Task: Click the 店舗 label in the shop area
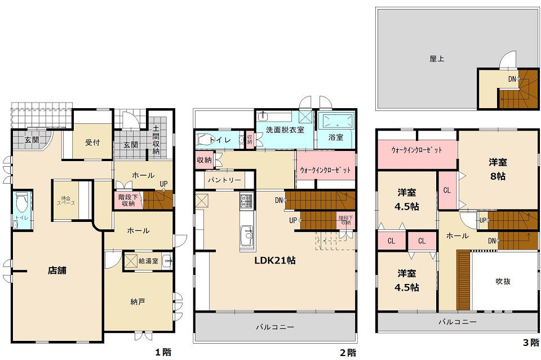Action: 57,270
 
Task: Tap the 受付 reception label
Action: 92,142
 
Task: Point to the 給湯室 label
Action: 148,261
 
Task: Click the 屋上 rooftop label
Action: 437,58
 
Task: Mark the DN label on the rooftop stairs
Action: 512,79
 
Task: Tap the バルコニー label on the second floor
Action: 275,327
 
